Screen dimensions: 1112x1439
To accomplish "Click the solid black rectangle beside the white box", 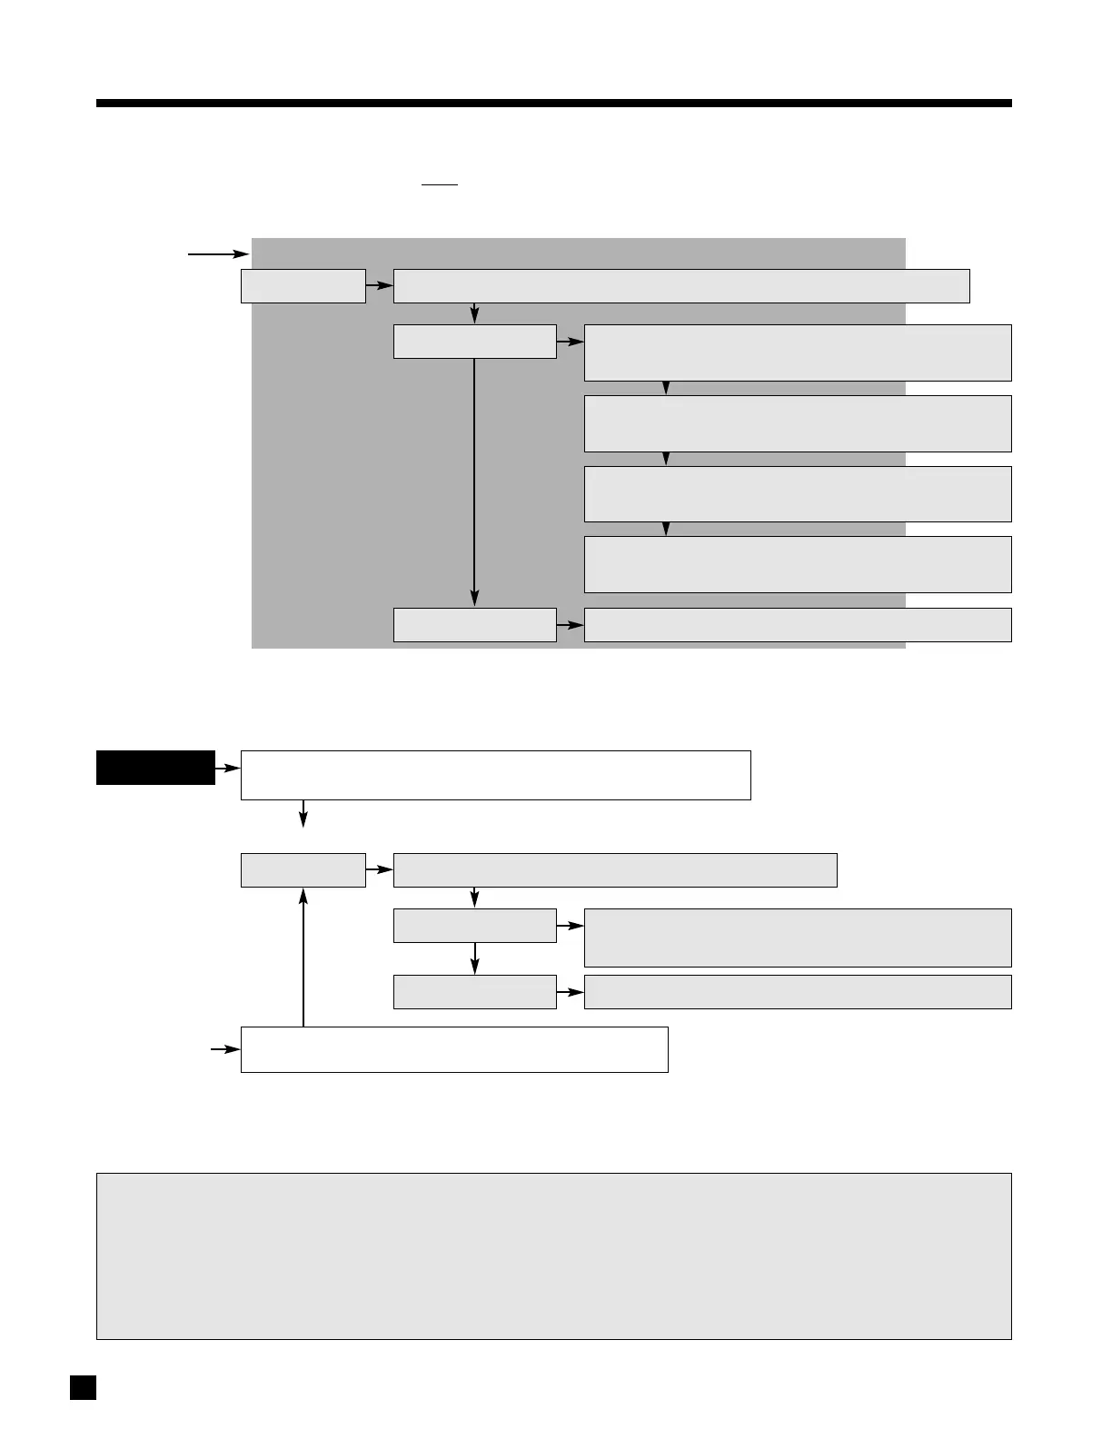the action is coord(155,767).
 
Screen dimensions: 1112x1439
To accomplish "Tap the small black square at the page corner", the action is coord(83,1387).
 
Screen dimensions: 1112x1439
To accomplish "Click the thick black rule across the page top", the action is coord(553,104).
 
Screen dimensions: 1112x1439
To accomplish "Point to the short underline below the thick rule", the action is coord(440,185).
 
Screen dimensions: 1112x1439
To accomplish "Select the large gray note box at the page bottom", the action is coord(553,1255).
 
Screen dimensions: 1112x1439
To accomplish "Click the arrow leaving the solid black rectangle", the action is coord(227,769).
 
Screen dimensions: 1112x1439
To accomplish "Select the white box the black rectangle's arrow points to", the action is coord(495,775).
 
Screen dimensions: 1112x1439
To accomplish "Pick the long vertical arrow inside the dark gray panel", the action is coord(474,481).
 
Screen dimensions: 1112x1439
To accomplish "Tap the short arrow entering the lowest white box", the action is coord(225,1049).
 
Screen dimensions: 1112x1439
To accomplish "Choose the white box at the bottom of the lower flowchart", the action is coord(454,1049).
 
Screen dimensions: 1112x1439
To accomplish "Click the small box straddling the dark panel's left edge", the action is coord(303,285).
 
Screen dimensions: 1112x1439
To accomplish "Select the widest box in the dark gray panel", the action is coord(681,285).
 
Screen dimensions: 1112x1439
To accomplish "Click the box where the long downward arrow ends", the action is coord(474,625).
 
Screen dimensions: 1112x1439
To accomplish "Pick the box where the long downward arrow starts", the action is coord(474,341).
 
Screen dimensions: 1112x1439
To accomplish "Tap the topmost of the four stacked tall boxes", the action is coord(797,352).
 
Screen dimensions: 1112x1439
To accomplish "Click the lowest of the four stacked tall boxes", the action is coord(797,564).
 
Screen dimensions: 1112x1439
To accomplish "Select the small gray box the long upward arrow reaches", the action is coord(303,869).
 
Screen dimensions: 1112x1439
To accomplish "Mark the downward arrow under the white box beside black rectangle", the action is coord(303,814).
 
